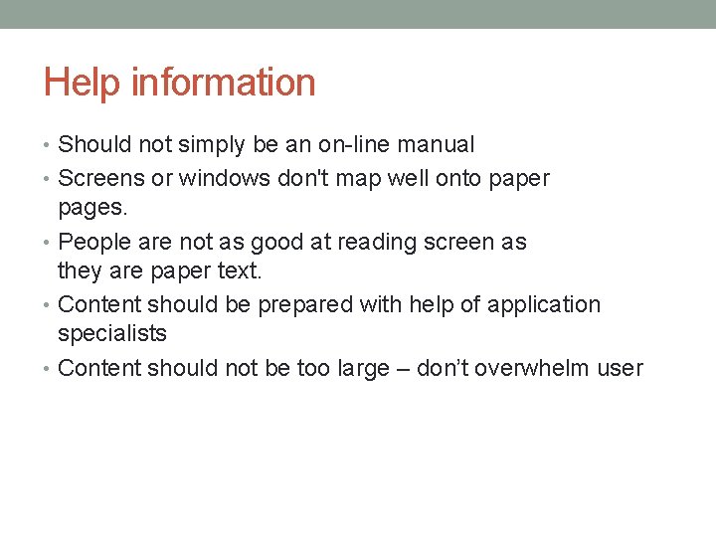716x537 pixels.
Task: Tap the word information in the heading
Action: (223, 83)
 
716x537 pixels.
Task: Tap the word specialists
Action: (112, 334)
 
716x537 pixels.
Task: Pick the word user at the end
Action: (621, 368)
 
